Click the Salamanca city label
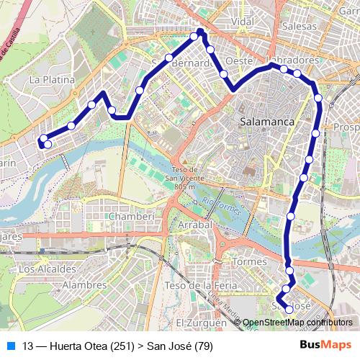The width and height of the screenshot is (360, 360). point(268,122)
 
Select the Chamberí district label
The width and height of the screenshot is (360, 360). point(132,216)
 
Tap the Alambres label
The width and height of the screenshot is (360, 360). point(80,286)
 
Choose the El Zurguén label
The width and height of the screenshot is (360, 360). point(197,322)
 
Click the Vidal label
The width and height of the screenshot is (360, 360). point(244,22)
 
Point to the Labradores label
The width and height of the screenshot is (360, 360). point(292,59)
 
